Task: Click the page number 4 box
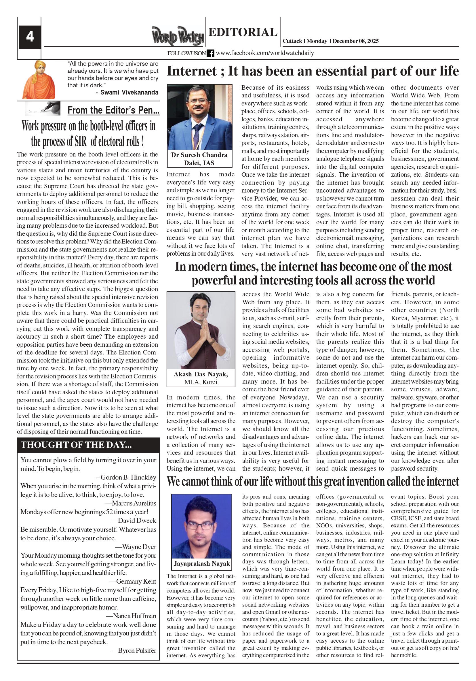(30, 37)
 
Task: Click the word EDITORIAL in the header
(243, 32)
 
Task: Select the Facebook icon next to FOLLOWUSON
(210, 53)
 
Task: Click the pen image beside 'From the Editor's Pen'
(43, 109)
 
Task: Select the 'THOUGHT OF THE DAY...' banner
(76, 445)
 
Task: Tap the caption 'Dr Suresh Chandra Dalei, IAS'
(199, 159)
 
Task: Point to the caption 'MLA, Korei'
(201, 382)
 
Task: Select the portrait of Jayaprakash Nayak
(201, 526)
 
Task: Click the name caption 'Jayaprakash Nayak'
(202, 563)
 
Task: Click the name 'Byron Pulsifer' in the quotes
(137, 650)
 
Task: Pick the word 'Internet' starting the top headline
(192, 71)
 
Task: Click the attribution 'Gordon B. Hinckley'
(128, 477)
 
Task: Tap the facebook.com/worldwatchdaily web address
(265, 53)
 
